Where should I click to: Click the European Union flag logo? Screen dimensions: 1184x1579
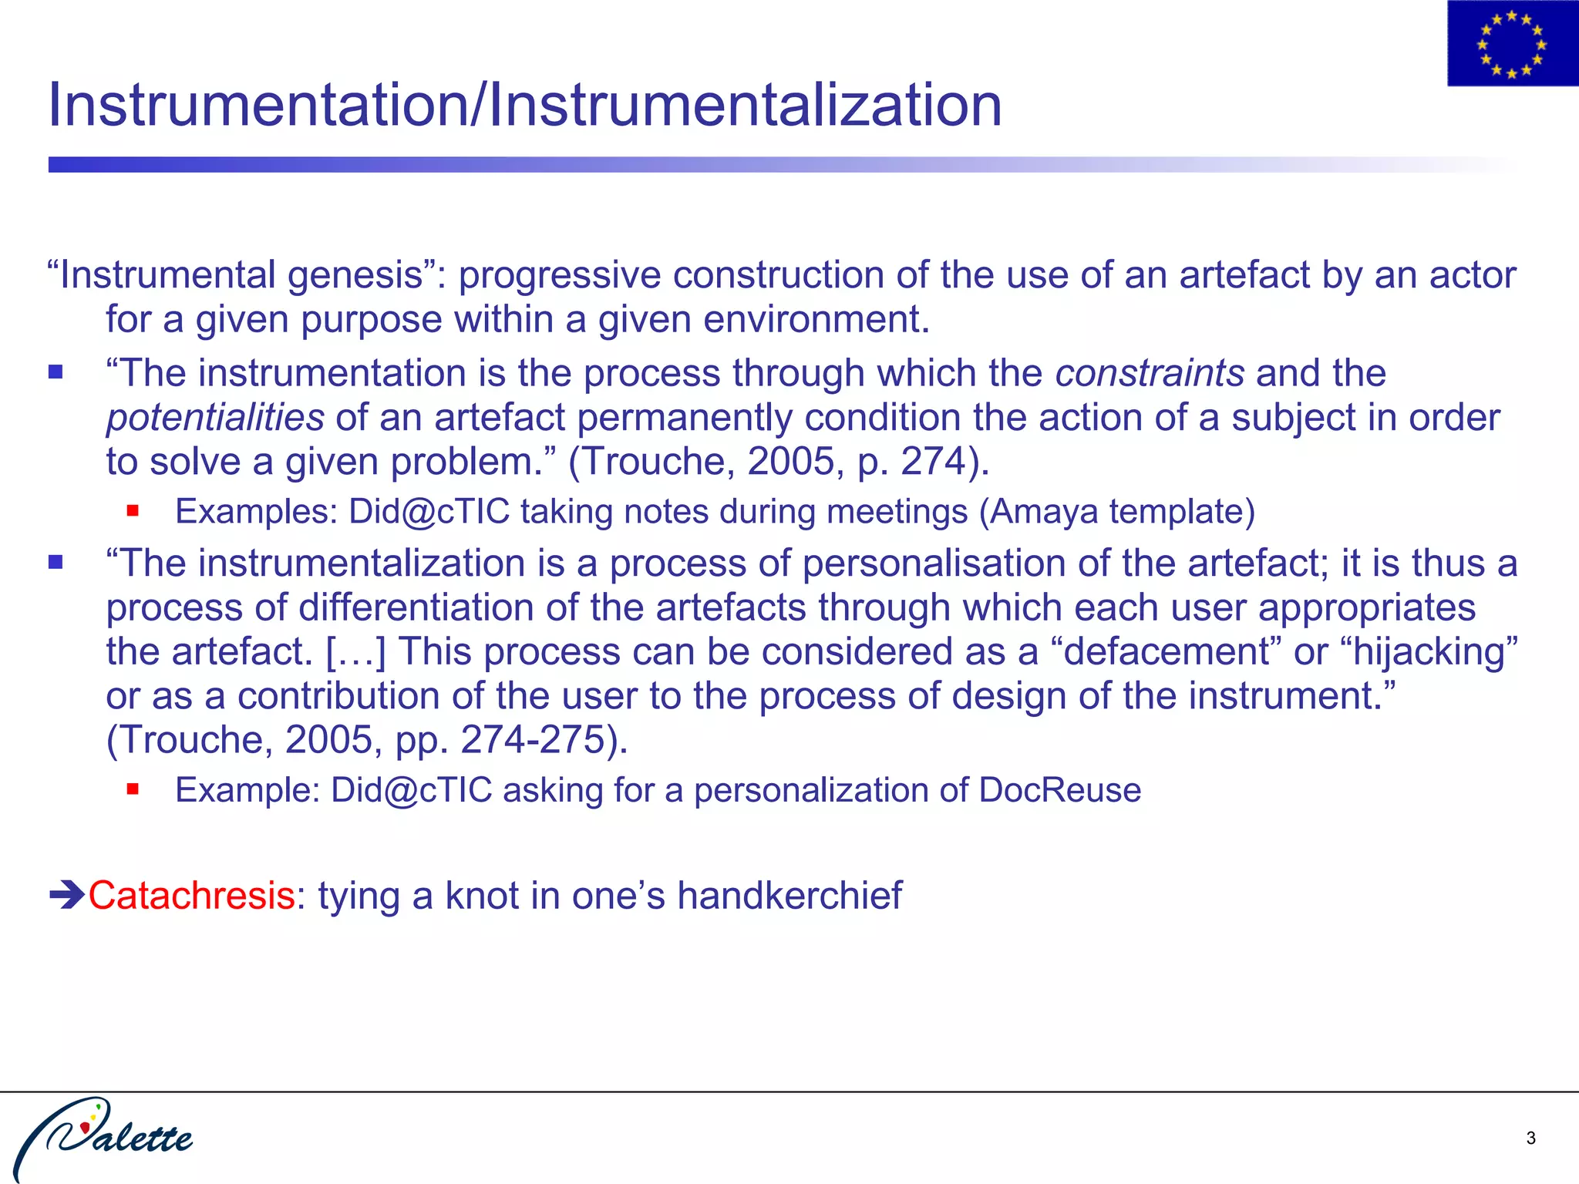click(1512, 44)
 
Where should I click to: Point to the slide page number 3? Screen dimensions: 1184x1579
click(1530, 1138)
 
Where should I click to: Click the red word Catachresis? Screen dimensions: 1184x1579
click(191, 896)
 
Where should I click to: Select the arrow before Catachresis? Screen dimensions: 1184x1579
click(67, 896)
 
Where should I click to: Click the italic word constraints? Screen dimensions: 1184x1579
click(1150, 374)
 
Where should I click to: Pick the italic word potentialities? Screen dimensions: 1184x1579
click(215, 418)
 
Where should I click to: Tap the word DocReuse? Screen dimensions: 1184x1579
click(1059, 790)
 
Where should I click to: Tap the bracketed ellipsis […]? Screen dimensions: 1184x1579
click(355, 652)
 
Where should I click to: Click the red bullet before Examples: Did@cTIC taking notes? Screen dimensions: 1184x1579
click(133, 510)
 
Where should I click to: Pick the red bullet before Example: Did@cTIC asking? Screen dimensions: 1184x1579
click(133, 789)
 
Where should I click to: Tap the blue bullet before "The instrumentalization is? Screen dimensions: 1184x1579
click(56, 562)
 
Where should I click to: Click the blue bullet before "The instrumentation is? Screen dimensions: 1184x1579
click(56, 373)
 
